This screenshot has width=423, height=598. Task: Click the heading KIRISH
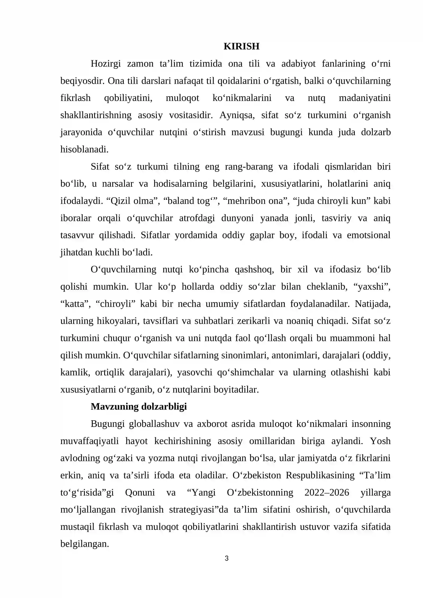[x=241, y=46]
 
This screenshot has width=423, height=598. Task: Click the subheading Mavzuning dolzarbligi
[x=139, y=406]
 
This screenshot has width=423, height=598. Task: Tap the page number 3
[x=227, y=558]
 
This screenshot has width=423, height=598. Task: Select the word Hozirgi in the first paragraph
[x=105, y=63]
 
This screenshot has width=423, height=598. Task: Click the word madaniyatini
[x=365, y=98]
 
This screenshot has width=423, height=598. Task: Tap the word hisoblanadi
[x=84, y=149]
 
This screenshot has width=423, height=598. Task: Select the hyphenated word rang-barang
[x=249, y=167]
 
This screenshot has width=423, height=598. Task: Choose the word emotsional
[x=369, y=235]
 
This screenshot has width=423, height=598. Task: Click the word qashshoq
[x=254, y=269]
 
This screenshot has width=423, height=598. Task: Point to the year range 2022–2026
[x=327, y=492]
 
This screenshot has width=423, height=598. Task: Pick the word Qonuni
[x=140, y=492]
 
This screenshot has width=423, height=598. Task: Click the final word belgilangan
[x=84, y=544]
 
